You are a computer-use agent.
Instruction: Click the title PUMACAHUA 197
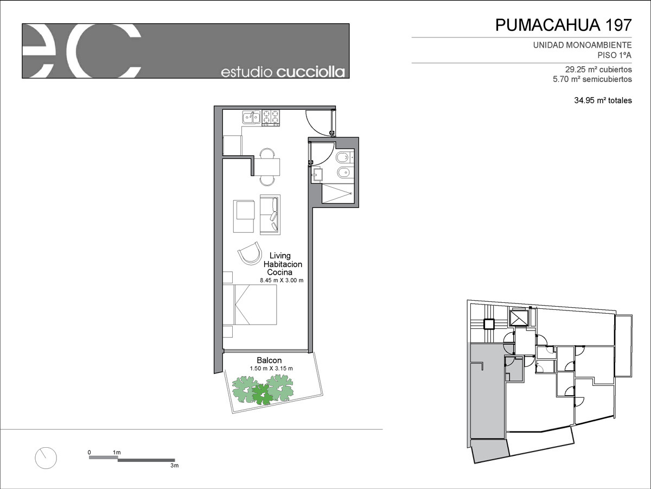[x=563, y=25]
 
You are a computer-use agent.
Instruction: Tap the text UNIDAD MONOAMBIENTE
[x=582, y=45]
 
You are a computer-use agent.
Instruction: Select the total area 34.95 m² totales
[x=603, y=100]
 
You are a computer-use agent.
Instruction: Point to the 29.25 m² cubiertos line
[x=598, y=69]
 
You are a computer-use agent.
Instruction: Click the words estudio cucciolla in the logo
[x=283, y=72]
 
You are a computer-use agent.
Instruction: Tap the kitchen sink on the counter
[x=252, y=117]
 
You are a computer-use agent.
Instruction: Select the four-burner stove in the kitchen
[x=271, y=118]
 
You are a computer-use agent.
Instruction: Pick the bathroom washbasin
[x=317, y=175]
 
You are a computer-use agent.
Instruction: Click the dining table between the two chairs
[x=267, y=167]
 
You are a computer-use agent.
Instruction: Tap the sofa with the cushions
[x=270, y=214]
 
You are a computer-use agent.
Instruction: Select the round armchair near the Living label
[x=250, y=253]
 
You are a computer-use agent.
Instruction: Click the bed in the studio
[x=250, y=304]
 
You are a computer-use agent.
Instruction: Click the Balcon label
[x=269, y=360]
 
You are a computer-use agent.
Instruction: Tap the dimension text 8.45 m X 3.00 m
[x=282, y=280]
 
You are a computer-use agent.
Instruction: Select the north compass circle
[x=46, y=458]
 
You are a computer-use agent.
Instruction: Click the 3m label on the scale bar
[x=174, y=465]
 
